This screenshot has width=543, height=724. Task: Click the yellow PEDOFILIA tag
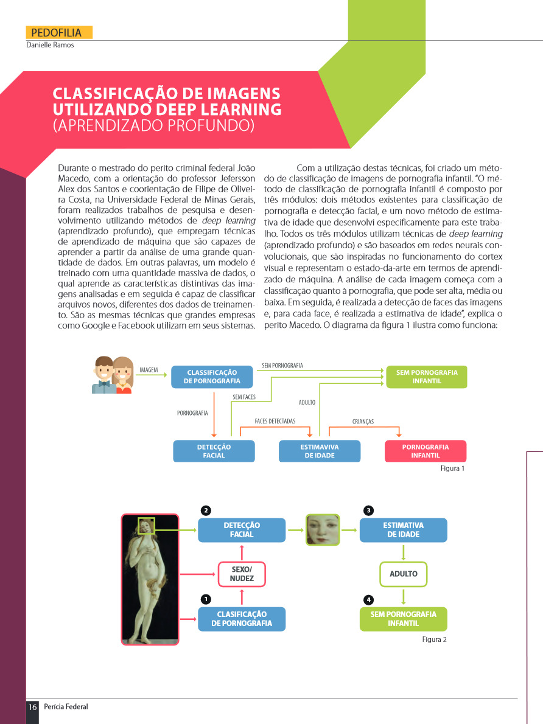[x=59, y=33]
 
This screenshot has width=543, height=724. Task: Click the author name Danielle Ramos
[x=50, y=45]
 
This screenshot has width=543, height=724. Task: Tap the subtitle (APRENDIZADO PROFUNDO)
[x=153, y=126]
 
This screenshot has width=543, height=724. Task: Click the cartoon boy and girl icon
[x=113, y=375]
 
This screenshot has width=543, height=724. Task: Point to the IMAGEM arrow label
[x=149, y=369]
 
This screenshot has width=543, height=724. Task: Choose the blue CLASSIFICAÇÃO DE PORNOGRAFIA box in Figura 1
[x=212, y=377]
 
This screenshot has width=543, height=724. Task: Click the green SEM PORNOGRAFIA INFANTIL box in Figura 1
[x=426, y=377]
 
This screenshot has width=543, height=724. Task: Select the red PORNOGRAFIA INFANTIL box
[x=426, y=451]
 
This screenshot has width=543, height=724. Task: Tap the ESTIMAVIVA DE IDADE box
[x=319, y=451]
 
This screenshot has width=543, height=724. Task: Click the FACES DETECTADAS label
[x=275, y=421]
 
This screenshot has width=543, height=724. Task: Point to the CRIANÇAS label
[x=363, y=421]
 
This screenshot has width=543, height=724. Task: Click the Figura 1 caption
[x=452, y=469]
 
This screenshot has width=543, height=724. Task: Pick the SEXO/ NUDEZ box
[x=242, y=574]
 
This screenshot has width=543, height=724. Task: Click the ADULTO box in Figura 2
[x=403, y=574]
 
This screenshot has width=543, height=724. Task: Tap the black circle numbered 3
[x=368, y=509]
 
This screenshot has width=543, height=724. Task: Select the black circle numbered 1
[x=206, y=599]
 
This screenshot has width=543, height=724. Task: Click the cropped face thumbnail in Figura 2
[x=323, y=529]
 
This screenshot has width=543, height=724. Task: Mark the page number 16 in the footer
[x=32, y=707]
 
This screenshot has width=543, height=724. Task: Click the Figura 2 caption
[x=435, y=639]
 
